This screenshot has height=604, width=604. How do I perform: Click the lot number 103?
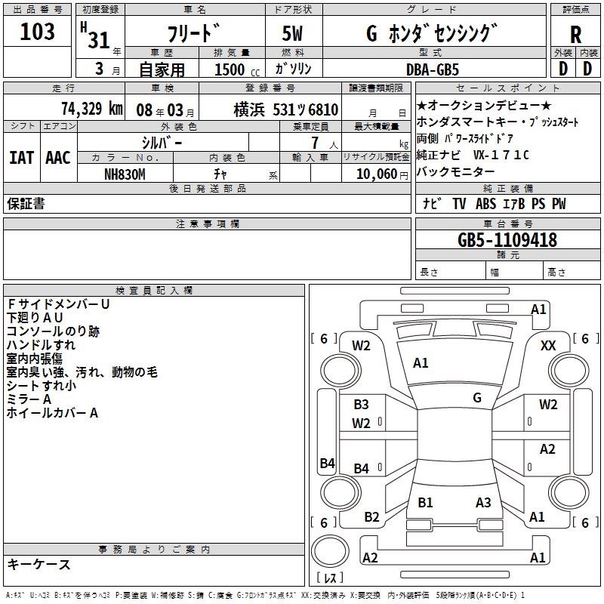[38, 32]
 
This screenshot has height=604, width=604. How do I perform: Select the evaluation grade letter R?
[575, 34]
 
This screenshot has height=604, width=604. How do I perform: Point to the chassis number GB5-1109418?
[507, 241]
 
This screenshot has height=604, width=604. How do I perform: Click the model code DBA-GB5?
[442, 69]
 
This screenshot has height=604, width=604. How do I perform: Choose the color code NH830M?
[125, 174]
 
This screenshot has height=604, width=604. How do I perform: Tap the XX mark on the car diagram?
[548, 345]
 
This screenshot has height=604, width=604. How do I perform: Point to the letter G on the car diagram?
[477, 397]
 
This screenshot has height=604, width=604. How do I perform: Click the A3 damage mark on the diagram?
[483, 502]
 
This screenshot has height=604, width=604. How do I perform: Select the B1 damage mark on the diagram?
[425, 502]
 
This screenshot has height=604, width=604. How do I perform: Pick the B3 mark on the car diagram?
[362, 405]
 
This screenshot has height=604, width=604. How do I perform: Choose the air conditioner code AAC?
[57, 157]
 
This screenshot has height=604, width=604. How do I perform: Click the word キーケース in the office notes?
[39, 565]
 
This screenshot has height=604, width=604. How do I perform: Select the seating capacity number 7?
[313, 143]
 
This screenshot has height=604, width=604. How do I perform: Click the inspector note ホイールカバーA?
[53, 413]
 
